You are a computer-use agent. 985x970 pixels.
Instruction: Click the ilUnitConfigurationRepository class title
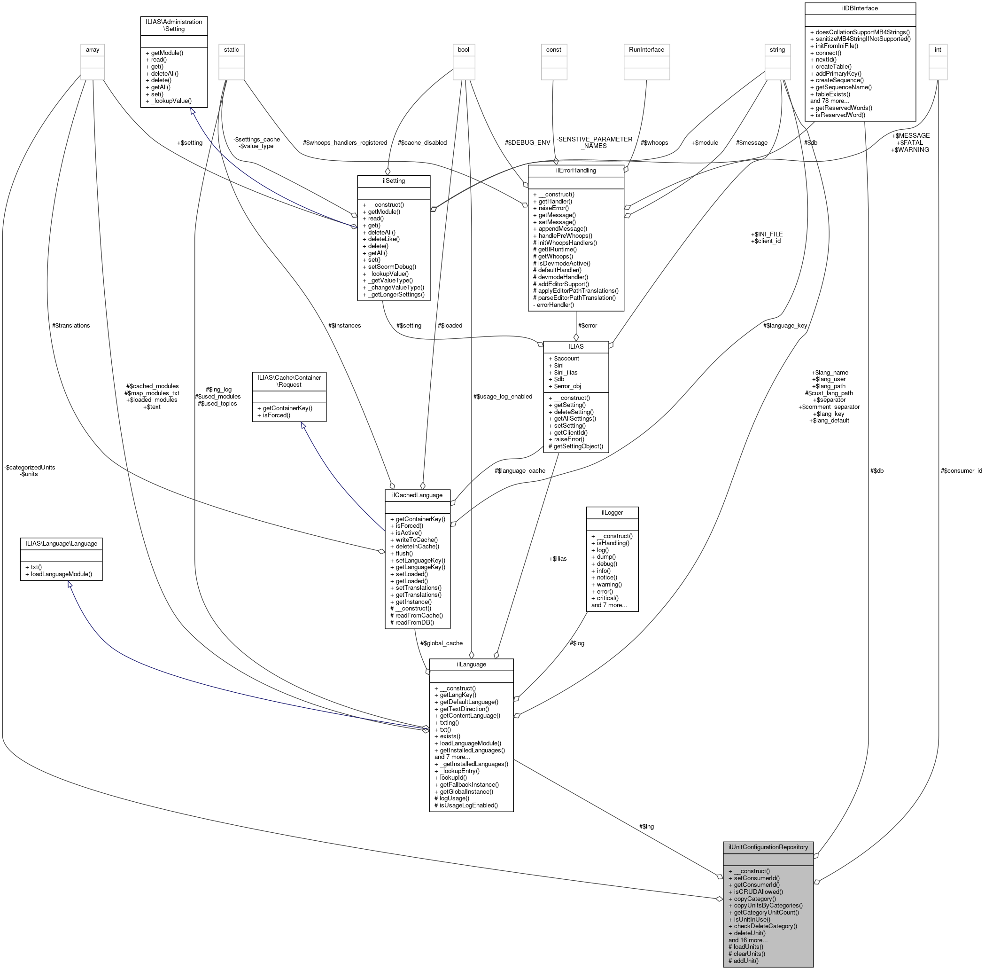768,847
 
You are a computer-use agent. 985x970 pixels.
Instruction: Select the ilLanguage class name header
471,665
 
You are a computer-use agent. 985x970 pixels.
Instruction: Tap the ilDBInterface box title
859,8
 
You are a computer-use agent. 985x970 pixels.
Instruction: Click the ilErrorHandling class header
575,170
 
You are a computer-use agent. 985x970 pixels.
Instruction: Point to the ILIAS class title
575,346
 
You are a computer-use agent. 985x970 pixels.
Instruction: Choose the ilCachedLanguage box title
417,495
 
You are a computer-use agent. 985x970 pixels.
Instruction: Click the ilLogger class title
612,513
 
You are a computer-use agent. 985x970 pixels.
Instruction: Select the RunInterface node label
646,50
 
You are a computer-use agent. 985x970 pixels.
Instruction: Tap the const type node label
553,50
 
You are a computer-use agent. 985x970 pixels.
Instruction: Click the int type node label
937,50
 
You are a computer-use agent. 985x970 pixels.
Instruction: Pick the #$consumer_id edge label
961,471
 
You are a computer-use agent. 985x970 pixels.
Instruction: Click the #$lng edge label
646,826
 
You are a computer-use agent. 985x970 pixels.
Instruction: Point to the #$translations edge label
71,326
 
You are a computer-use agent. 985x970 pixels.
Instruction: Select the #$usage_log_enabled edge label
502,396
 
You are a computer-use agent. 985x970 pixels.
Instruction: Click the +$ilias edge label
557,558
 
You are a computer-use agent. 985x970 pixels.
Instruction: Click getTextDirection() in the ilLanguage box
464,709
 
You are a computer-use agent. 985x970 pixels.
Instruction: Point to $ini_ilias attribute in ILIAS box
566,372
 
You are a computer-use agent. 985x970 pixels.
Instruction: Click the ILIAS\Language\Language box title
61,544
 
